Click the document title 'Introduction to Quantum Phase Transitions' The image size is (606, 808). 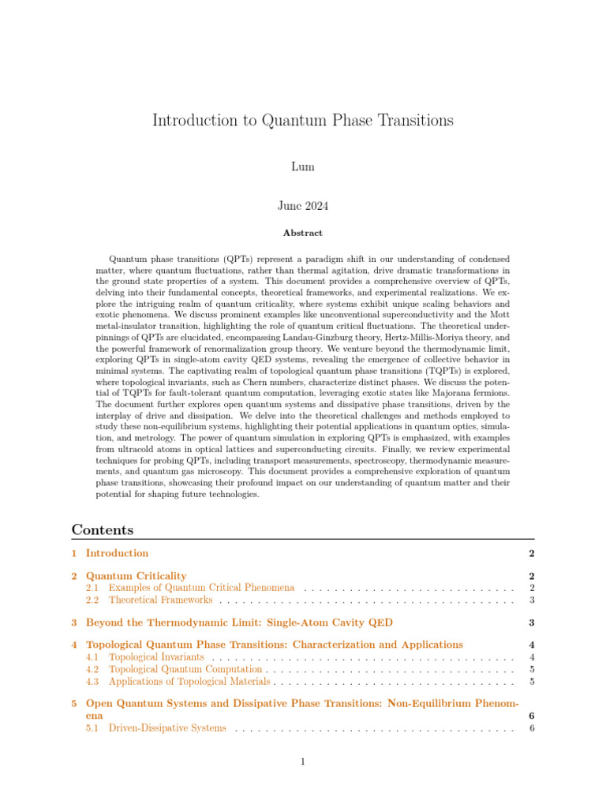click(302, 121)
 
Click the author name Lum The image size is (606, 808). click(303, 167)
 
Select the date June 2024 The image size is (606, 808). click(303, 206)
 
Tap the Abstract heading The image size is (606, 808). click(303, 234)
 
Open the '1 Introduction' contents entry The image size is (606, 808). click(116, 553)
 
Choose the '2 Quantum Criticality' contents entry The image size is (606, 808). click(136, 576)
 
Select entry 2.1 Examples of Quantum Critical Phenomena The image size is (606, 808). click(201, 588)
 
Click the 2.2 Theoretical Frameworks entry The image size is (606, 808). click(161, 600)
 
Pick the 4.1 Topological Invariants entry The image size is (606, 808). click(156, 656)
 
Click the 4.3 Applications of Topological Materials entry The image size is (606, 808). click(189, 680)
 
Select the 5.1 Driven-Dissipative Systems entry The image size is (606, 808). click(167, 728)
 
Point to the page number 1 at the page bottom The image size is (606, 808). click(303, 761)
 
